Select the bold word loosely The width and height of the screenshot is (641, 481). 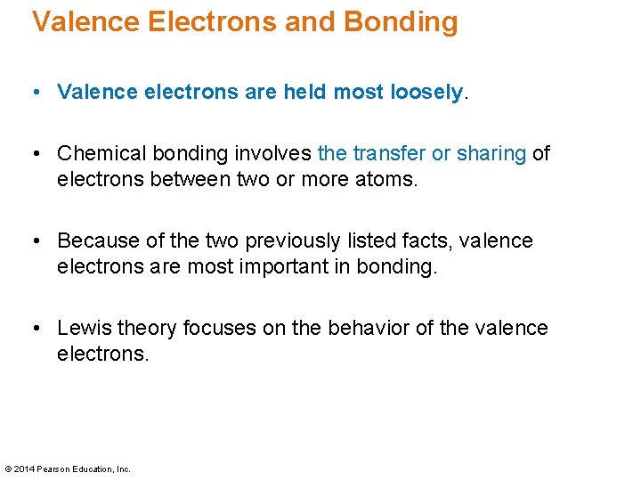pyautogui.click(x=427, y=92)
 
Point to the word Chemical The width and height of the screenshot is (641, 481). pyautogui.click(x=100, y=154)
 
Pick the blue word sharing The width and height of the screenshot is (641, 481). pyautogui.click(x=491, y=154)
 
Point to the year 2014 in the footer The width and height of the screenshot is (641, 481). pyautogui.click(x=25, y=469)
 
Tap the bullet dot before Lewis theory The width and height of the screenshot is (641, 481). pyautogui.click(x=37, y=329)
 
